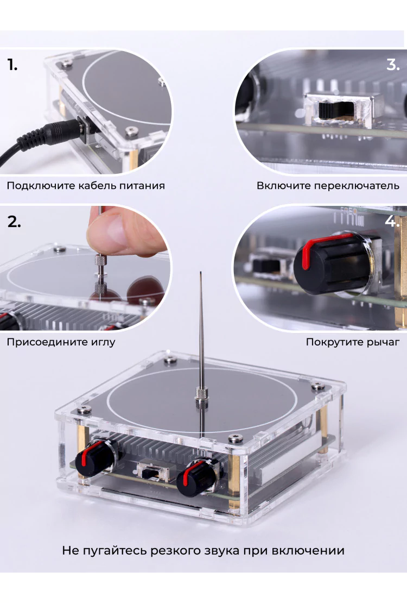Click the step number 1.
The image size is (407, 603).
click(12, 65)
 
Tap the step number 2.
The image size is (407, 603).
click(14, 222)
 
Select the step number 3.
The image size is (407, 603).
click(393, 65)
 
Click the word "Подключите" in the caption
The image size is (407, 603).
click(41, 186)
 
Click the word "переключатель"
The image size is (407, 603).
click(357, 186)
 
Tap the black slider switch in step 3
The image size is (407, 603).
click(331, 110)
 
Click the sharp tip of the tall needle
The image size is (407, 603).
click(200, 272)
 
